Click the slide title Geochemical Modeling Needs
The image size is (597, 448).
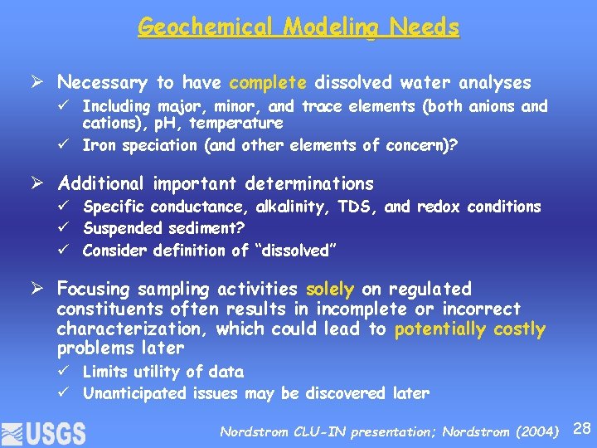point(298,27)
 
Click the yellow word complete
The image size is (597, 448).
point(268,82)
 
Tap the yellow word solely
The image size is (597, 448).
point(330,289)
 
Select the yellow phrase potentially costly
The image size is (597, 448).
point(470,329)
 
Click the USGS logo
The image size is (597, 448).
point(43,431)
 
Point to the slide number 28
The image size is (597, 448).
point(582,429)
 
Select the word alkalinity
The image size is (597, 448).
point(297,207)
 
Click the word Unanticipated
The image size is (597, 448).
point(135,393)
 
